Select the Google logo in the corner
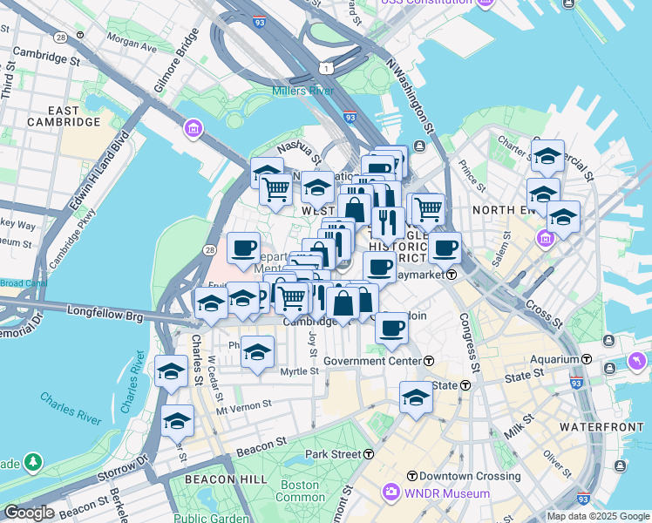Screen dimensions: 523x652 pos(28,513)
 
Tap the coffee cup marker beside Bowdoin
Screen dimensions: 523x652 pos(392,328)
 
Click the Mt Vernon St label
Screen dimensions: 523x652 pos(245,405)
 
